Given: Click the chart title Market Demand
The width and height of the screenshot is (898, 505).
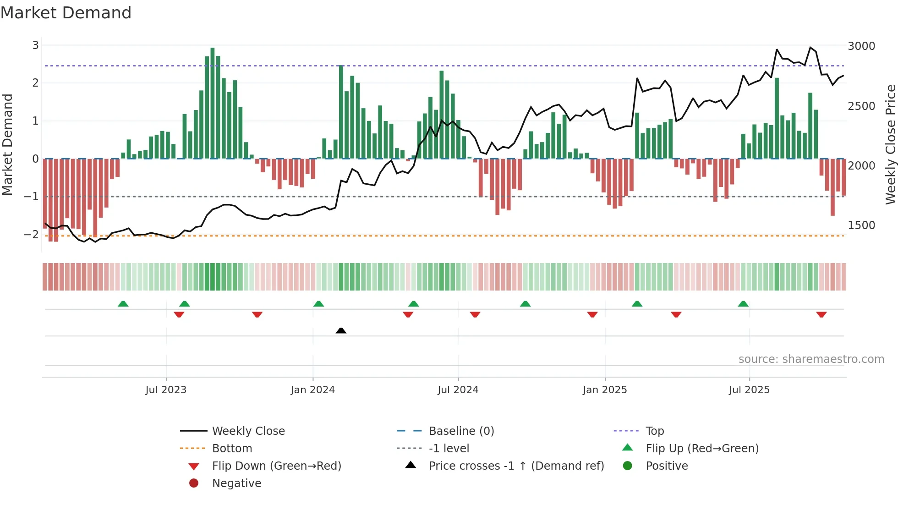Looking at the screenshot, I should point(66,13).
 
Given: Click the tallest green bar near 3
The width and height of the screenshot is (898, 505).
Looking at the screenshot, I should point(212,103).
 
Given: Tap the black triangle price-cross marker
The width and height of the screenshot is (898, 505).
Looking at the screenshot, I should point(341,330).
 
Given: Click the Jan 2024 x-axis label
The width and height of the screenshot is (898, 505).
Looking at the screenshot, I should point(312,390).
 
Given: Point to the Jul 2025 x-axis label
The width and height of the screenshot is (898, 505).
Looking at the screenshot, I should point(749,390).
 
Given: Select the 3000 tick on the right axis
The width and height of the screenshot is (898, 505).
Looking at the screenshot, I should point(861,46).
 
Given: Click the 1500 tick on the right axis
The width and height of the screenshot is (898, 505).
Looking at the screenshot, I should point(861,225).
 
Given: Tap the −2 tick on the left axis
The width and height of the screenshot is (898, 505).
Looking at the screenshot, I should point(32,234).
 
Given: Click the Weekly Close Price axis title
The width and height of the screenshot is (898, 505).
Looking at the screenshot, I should point(890,144).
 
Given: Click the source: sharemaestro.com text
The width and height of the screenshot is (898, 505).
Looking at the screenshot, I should point(811,359).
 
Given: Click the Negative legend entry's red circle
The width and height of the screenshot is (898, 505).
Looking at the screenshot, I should point(194,483).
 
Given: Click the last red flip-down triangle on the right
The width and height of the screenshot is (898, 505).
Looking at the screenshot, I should point(821,314).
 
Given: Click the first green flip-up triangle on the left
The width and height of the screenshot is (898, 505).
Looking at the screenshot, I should point(123,304).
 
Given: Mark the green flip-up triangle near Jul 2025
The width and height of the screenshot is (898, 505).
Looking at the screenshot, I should point(743,304).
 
